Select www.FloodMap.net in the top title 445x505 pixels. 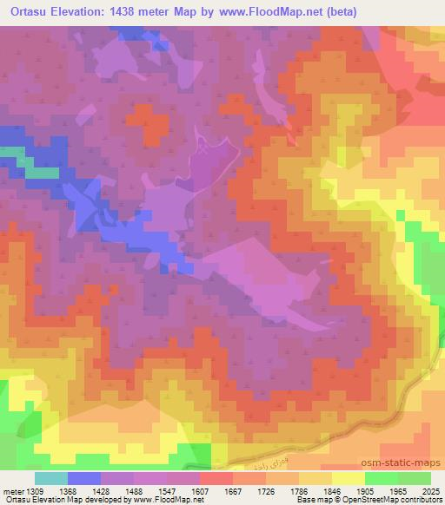(272, 12)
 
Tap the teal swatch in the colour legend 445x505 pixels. (51, 479)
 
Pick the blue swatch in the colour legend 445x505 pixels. (84, 479)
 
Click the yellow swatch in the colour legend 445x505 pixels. (348, 479)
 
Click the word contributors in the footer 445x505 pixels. (422, 500)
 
